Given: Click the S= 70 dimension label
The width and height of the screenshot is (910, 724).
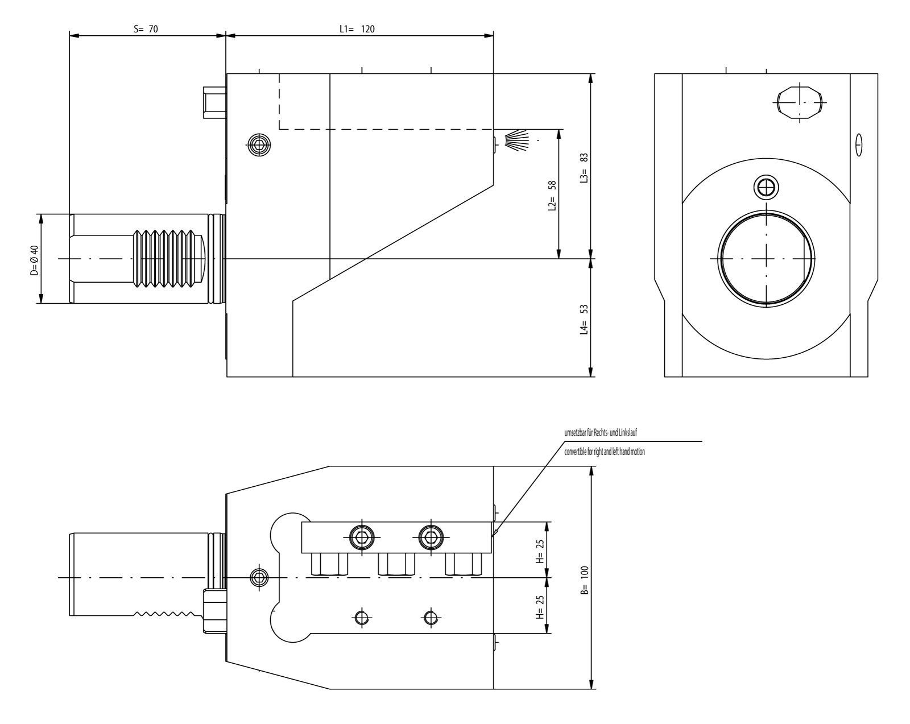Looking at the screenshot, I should click(x=146, y=29).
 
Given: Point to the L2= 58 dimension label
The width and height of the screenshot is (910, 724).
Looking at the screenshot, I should click(x=551, y=196).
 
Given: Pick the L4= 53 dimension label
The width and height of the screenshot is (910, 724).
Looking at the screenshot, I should click(x=584, y=319).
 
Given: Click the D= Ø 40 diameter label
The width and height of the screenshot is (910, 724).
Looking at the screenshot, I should click(x=34, y=259).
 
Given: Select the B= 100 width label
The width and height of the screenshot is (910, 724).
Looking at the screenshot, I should click(x=584, y=580).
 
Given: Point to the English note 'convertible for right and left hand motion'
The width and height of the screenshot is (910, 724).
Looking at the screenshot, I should click(x=605, y=452).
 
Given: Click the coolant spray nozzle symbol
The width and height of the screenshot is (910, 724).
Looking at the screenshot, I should click(x=515, y=140).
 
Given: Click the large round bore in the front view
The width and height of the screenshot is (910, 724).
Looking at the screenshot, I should click(x=766, y=259).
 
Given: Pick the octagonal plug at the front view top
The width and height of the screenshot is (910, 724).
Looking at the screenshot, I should click(x=799, y=103).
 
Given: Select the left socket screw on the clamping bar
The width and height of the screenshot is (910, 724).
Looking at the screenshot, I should click(x=362, y=536).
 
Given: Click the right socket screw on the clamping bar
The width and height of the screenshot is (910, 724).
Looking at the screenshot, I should click(x=431, y=536).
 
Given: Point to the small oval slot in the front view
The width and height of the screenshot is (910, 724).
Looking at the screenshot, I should click(x=858, y=145).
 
